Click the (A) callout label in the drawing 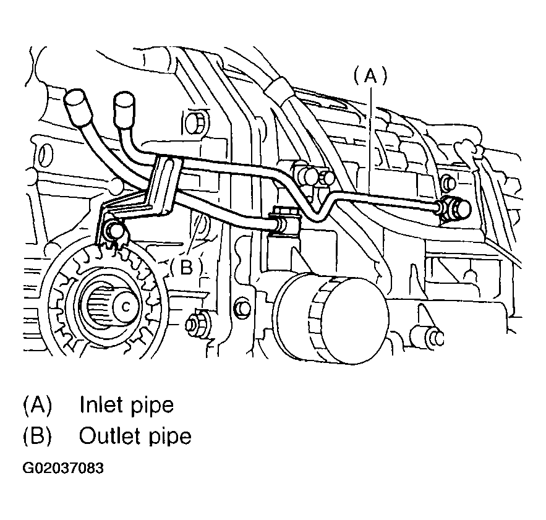(370, 76)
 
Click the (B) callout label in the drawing (186, 268)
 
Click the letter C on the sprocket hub (126, 307)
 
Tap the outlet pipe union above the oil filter (284, 221)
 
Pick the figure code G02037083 (63, 469)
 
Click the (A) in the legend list (37, 405)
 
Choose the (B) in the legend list (37, 436)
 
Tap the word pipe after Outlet (171, 437)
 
